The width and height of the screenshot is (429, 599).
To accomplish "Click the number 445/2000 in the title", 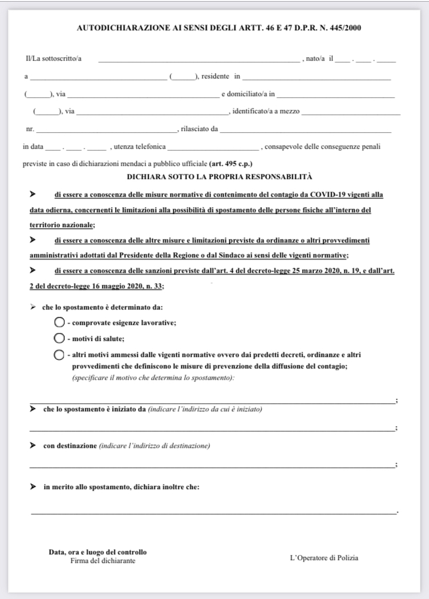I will (345, 27).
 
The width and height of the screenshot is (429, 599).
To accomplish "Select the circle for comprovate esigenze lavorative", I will (58, 322).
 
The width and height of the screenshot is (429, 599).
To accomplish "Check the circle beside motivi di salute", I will (58, 338).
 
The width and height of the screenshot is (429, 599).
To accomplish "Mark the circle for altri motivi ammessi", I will (58, 355).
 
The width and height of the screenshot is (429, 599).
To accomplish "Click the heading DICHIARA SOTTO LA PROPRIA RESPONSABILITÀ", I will (219, 177).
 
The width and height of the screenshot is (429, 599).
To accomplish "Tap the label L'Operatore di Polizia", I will (324, 558).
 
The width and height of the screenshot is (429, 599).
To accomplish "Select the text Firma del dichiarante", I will (103, 561).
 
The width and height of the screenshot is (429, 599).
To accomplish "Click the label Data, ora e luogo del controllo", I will (98, 552).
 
